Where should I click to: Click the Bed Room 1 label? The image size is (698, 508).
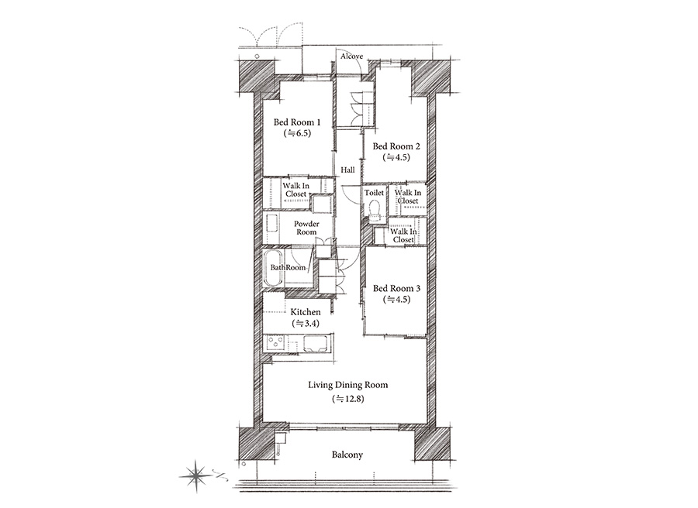tap(297, 122)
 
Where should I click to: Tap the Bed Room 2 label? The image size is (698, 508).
tap(396, 146)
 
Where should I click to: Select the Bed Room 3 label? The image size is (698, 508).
tap(396, 288)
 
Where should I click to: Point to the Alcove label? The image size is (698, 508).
tap(351, 57)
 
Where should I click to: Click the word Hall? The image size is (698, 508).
tap(347, 170)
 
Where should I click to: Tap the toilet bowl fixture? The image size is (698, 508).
tap(375, 209)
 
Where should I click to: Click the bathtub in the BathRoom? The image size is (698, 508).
tap(273, 268)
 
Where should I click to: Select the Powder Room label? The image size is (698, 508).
tap(306, 228)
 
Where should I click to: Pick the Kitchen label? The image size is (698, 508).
tap(306, 312)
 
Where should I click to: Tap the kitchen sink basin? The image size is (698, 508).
tap(316, 344)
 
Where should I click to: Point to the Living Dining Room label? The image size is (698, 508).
tap(348, 385)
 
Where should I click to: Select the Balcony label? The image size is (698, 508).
tap(347, 455)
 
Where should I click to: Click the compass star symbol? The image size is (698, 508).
tap(196, 476)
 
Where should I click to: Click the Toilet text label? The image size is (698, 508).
tap(374, 193)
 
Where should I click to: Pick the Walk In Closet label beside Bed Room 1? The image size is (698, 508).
tap(296, 190)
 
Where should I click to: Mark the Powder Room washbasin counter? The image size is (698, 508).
tap(271, 228)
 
